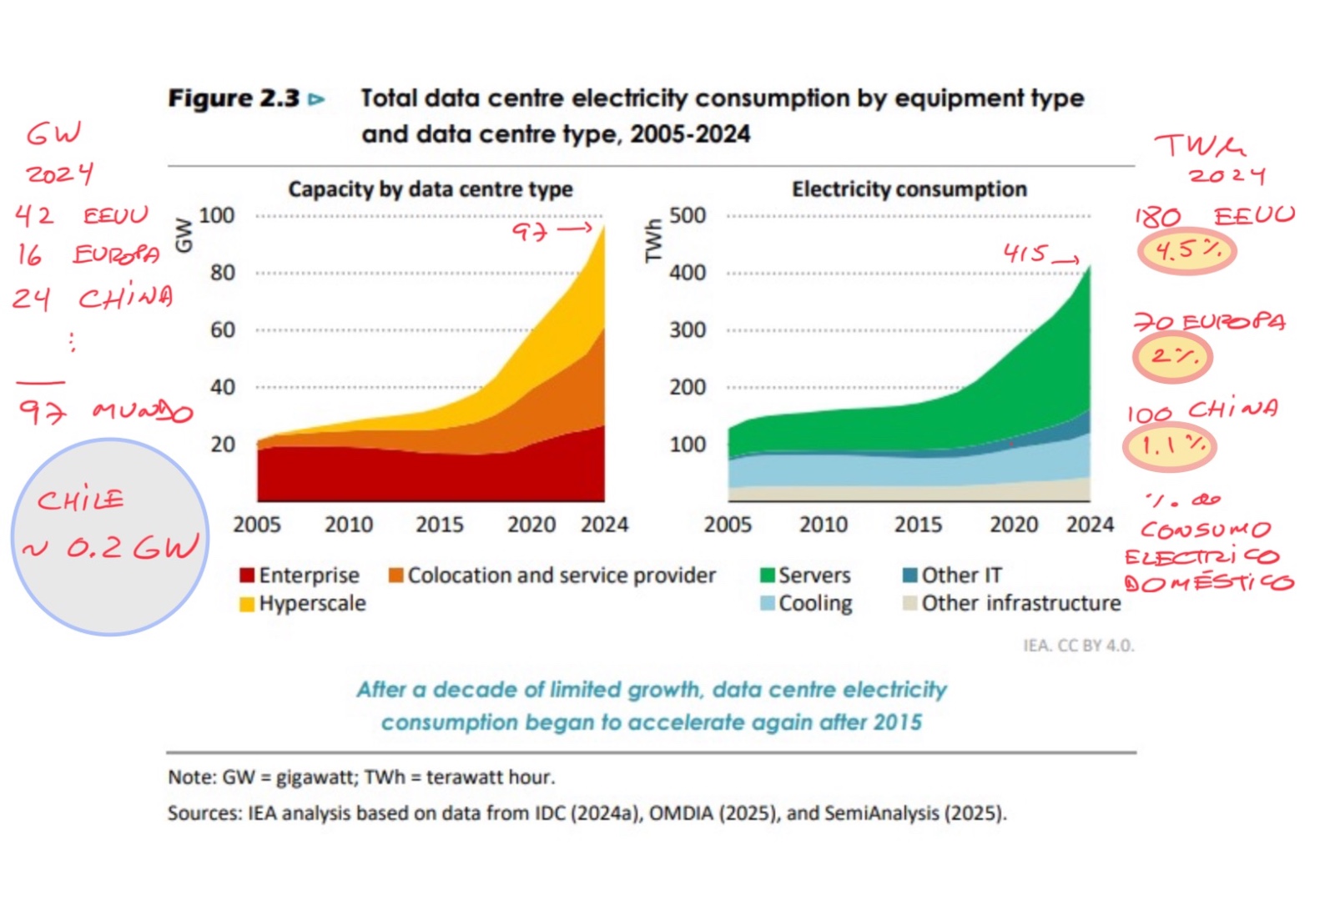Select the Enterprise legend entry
300,576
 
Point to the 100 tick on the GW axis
217,215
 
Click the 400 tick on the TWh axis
688,273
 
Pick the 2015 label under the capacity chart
440,525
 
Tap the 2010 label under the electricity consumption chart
824,525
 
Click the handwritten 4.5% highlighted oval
1186,251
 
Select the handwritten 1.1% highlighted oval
1170,446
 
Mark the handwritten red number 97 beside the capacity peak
530,231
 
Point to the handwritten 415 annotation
1025,253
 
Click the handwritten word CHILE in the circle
80,500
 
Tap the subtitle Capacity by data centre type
431,189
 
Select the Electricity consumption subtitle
909,189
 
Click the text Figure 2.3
234,98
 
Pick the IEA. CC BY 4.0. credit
1078,646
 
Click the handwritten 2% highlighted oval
1172,357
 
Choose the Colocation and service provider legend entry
552,576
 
